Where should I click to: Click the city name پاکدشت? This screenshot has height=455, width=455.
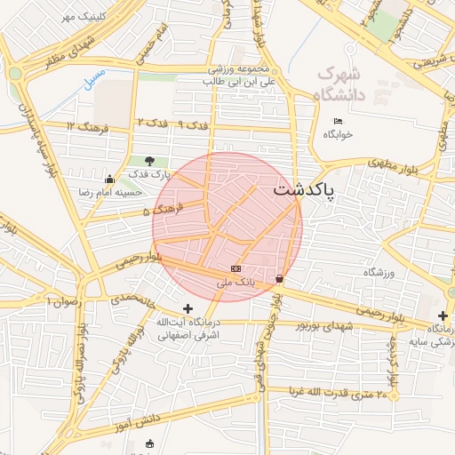[x=305, y=190]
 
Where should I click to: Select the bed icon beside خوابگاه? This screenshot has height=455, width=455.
[x=338, y=121]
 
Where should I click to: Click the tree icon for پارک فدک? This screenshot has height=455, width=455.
[x=148, y=161]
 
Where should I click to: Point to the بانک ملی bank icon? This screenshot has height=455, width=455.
[x=235, y=267]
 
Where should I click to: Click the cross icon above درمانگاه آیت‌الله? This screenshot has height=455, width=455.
[x=187, y=308]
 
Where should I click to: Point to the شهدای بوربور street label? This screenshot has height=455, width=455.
[x=325, y=327]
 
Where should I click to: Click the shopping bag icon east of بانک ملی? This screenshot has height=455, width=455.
[x=281, y=279]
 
